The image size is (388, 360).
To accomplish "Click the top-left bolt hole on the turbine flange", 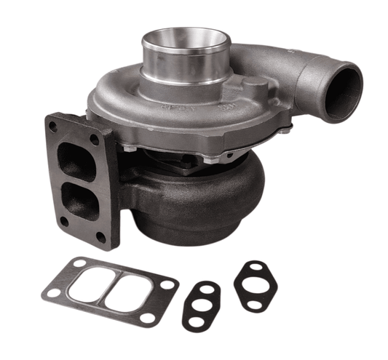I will tap(54, 126).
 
